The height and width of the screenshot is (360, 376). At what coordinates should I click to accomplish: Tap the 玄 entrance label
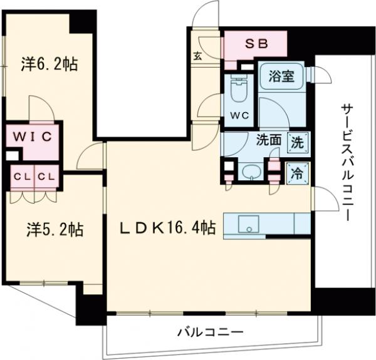pyautogui.click(x=197, y=56)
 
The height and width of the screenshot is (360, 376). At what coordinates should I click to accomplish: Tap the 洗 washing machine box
pyautogui.click(x=297, y=142)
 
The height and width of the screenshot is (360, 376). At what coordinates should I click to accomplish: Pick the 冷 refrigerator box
pyautogui.click(x=297, y=174)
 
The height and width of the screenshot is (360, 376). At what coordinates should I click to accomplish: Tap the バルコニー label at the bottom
pyautogui.click(x=209, y=332)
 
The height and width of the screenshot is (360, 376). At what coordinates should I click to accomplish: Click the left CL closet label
pyautogui.click(x=20, y=177)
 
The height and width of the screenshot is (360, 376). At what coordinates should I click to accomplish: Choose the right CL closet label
pyautogui.click(x=45, y=177)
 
